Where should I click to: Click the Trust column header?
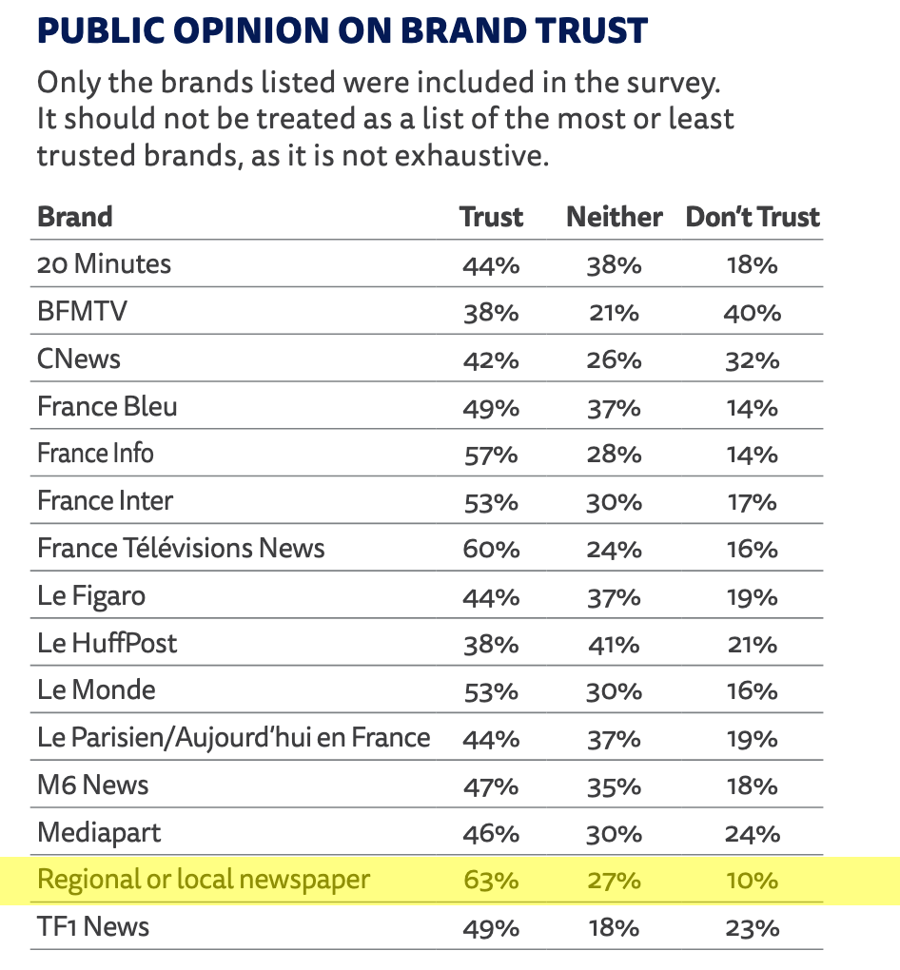491,217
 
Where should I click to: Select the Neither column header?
614,217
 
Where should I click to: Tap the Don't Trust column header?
753,217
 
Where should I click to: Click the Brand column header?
75,217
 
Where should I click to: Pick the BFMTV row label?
82,312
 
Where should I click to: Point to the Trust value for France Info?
491,454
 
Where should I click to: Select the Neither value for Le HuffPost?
614,644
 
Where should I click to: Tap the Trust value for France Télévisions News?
491,549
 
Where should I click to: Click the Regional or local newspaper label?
203,880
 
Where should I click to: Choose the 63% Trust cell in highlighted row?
491,880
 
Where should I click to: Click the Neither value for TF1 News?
614,927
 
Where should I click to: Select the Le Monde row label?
96,690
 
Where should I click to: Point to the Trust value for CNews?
491,359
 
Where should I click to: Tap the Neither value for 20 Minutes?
614,264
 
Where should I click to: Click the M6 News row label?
93,786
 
